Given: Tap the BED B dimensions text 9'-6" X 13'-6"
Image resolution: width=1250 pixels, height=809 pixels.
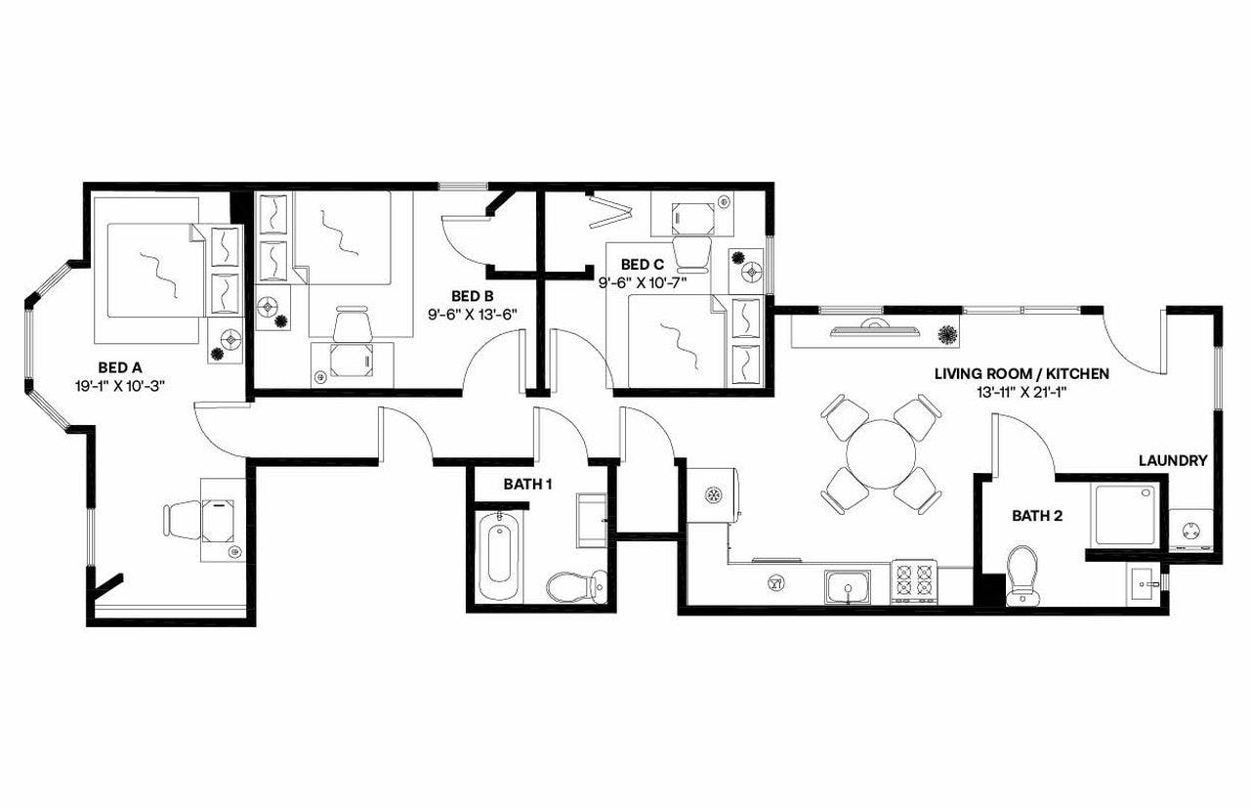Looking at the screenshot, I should (472, 315).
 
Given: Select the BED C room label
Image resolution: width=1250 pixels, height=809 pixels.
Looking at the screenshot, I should (643, 264).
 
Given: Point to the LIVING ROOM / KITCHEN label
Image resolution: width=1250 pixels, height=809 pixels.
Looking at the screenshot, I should (1021, 373).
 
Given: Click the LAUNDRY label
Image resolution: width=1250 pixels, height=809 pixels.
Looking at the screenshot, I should (1173, 460).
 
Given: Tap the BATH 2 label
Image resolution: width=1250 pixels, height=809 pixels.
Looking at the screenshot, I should (1037, 515).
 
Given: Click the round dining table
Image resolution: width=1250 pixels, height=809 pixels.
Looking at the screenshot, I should (881, 453).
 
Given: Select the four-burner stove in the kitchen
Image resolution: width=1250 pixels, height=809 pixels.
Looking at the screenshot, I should (914, 582).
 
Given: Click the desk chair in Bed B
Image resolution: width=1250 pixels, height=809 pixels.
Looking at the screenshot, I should (353, 325).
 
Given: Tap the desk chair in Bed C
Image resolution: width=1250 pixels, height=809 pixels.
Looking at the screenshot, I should (692, 252).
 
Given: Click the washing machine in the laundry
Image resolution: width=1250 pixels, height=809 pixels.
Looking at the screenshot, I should (1191, 532).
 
